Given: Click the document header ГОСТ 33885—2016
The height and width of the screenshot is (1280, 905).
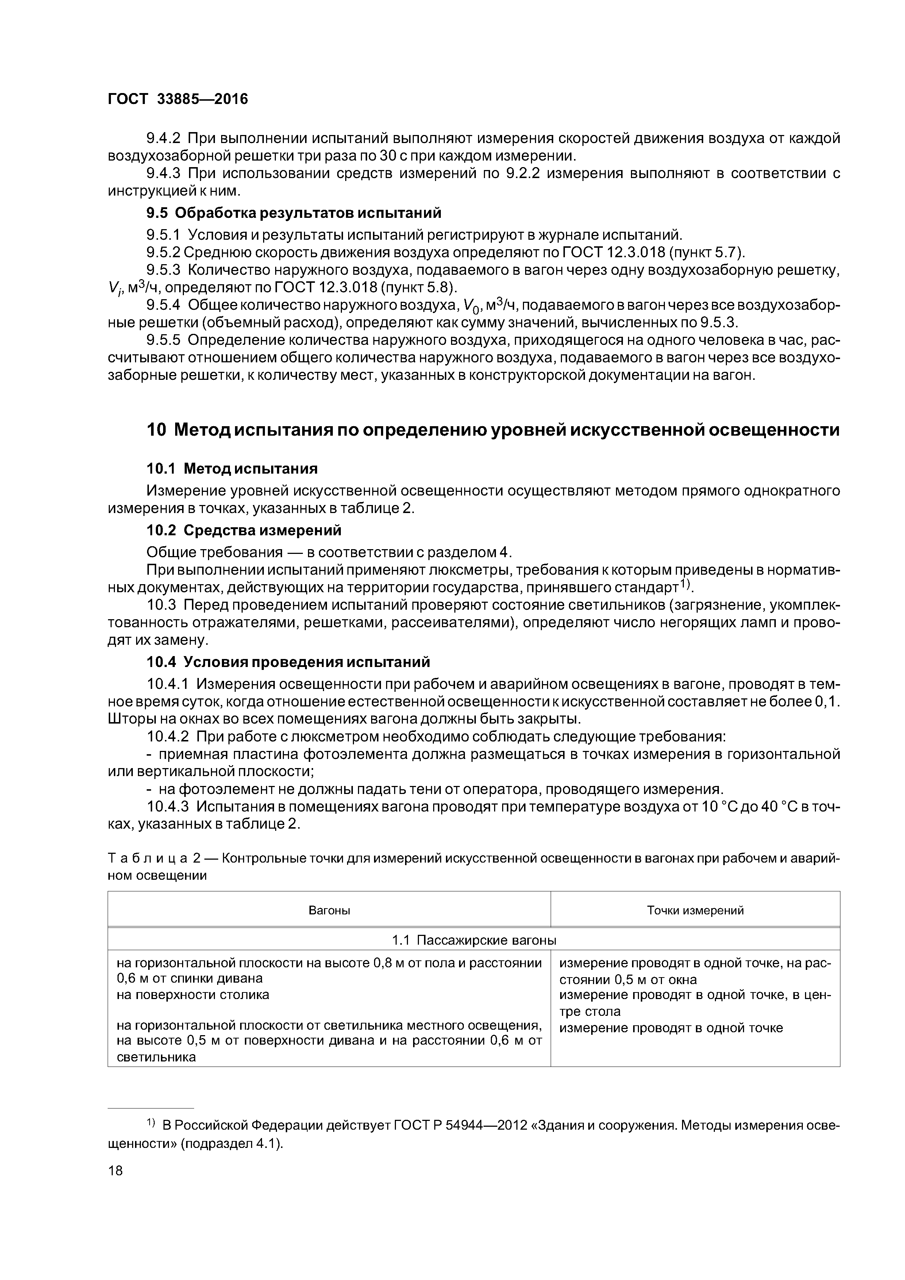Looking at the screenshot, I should coord(177,99).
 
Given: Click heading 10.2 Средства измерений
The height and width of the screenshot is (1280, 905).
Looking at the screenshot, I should coord(244,529).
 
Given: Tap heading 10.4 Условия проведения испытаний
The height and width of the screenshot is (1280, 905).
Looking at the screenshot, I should coord(288,662).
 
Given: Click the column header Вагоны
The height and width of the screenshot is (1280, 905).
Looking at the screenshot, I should coord(329,910).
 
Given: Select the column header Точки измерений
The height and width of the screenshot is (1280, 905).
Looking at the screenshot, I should coord(695,910).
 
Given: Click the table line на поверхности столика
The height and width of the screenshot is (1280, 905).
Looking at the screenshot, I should coord(193,995).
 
